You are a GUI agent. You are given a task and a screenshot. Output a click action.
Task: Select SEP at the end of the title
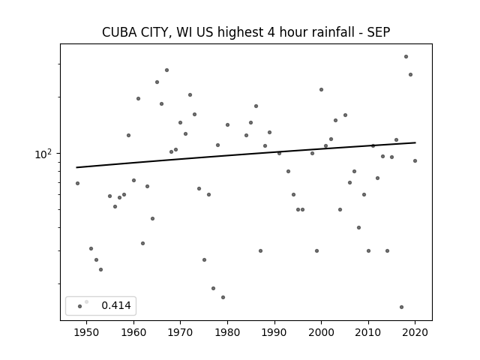tap(379, 32)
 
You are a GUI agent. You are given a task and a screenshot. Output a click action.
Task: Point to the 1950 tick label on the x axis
tap(87, 332)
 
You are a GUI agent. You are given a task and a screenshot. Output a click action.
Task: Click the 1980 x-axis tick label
tap(227, 332)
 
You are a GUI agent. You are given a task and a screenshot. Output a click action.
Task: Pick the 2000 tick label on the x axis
tap(321, 332)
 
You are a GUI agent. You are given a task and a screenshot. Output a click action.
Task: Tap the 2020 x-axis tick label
tap(415, 332)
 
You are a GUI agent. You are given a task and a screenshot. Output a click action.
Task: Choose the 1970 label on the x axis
tap(180, 332)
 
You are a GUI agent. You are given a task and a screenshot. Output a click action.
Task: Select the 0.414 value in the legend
tap(116, 305)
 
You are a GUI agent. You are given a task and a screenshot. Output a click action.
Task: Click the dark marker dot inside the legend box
tap(80, 306)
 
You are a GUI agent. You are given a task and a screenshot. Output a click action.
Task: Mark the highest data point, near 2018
tap(406, 57)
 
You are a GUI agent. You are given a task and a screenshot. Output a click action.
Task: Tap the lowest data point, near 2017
tap(402, 307)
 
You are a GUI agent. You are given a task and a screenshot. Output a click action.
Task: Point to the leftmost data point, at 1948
tap(77, 183)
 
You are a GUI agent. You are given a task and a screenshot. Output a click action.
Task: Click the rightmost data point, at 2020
tap(415, 161)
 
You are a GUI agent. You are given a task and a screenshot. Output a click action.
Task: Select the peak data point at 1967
tap(166, 70)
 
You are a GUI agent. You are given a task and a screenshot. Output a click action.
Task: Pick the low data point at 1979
tap(223, 297)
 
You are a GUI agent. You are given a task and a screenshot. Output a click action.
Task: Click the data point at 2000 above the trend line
tap(322, 90)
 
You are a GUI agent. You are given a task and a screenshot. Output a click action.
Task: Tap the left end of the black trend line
tap(76, 167)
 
